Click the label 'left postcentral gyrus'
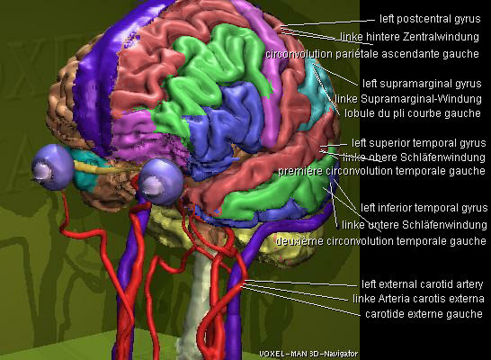pyautogui.click(x=430, y=19)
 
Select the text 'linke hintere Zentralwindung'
pyautogui.click(x=409, y=37)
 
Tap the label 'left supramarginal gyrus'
pyautogui.click(x=422, y=84)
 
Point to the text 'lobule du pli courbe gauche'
pyautogui.click(x=413, y=113)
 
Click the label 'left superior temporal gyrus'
pyautogui.click(x=419, y=143)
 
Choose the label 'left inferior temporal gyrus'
pyautogui.click(x=424, y=208)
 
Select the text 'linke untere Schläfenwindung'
pyautogui.click(x=415, y=225)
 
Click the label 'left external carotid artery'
pyautogui.click(x=422, y=284)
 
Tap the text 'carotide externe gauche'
pyautogui.click(x=424, y=313)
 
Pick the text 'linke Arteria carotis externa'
pyautogui.click(x=418, y=299)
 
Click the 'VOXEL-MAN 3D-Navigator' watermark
pyautogui.click(x=308, y=354)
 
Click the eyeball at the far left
pyautogui.click(x=52, y=166)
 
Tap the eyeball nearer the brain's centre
pyautogui.click(x=161, y=181)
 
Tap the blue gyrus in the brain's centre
pyautogui.click(x=227, y=125)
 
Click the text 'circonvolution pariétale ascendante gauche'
pyautogui.click(x=372, y=54)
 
